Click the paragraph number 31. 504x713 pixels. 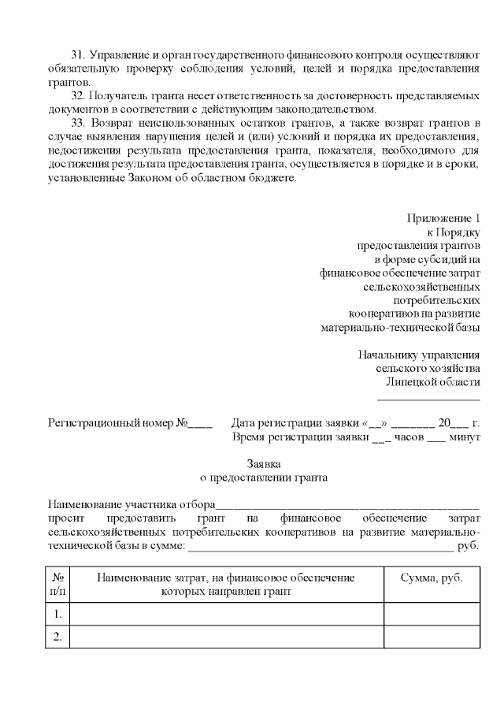(x=77, y=55)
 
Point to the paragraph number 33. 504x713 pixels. (x=77, y=123)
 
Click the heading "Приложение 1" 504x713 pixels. (x=443, y=218)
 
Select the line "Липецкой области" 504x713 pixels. (x=432, y=381)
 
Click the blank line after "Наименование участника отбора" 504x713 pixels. (x=346, y=505)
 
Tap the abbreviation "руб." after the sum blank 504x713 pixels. (x=468, y=544)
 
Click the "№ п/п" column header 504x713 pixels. (x=58, y=584)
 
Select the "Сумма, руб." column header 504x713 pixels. (x=432, y=577)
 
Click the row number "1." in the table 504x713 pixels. (x=58, y=614)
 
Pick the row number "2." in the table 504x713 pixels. (x=58, y=637)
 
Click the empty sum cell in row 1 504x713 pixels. (x=432, y=614)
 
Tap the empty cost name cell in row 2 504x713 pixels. (x=227, y=637)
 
